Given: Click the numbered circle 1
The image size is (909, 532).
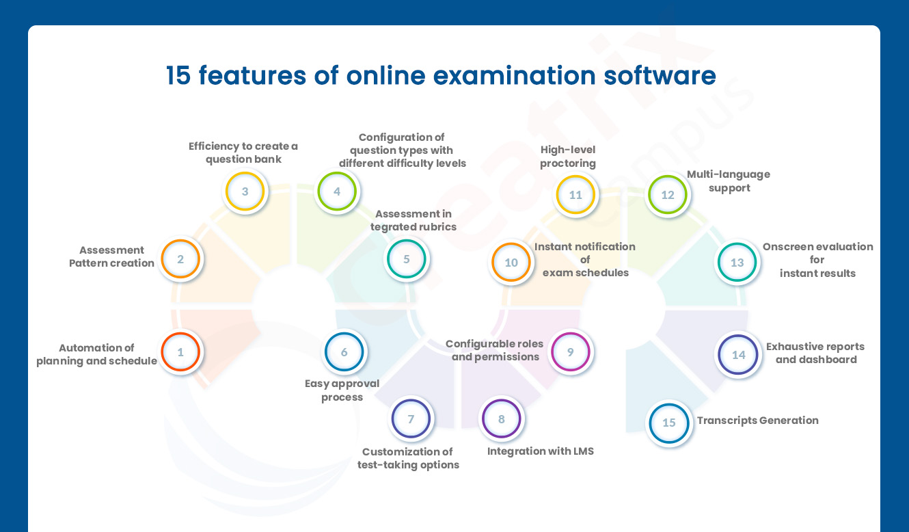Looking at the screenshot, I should pyautogui.click(x=180, y=352).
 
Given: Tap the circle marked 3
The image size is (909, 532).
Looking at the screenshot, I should pyautogui.click(x=245, y=191).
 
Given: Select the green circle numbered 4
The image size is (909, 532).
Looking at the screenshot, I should pyautogui.click(x=337, y=191).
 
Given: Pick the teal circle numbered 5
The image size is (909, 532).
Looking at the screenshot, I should pyautogui.click(x=407, y=259).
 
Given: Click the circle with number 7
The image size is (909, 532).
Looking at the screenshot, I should pyautogui.click(x=411, y=418).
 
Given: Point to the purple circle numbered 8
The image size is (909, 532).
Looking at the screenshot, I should pyautogui.click(x=502, y=418).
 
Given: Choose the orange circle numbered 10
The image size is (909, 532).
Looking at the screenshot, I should pyautogui.click(x=511, y=263).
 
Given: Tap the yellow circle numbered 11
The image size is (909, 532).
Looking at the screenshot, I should pyautogui.click(x=575, y=195).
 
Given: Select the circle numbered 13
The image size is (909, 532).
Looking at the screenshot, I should pyautogui.click(x=737, y=263).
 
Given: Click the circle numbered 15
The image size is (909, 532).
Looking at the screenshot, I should pyautogui.click(x=668, y=423).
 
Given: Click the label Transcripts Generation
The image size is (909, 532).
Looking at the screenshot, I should pyautogui.click(x=757, y=421).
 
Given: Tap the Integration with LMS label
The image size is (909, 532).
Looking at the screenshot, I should pyautogui.click(x=540, y=451).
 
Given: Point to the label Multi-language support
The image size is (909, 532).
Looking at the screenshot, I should pyautogui.click(x=729, y=181).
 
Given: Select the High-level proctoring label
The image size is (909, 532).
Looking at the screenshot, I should pyautogui.click(x=568, y=157).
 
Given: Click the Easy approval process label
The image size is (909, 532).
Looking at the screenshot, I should pyautogui.click(x=342, y=390).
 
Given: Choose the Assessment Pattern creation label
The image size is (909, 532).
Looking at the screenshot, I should pyautogui.click(x=111, y=256).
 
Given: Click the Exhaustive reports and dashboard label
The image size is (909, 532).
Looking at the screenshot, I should pyautogui.click(x=815, y=353).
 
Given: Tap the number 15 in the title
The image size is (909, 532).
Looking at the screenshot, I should pyautogui.click(x=178, y=75).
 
